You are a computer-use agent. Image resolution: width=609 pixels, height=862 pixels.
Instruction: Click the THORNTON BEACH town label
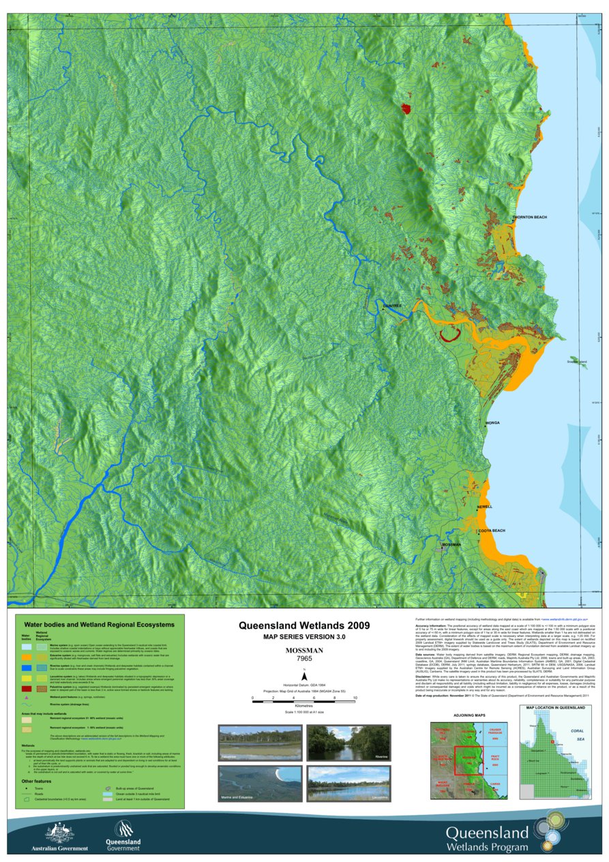pyautogui.click(x=529, y=217)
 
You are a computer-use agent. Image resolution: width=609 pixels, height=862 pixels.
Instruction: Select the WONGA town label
pyautogui.click(x=492, y=423)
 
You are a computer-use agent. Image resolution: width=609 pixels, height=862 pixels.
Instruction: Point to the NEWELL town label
pyautogui.click(x=485, y=507)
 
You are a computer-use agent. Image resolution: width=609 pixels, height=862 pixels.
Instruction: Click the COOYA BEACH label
pyautogui.click(x=491, y=531)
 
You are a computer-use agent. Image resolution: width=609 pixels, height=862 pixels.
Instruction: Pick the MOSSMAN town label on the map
pyautogui.click(x=451, y=545)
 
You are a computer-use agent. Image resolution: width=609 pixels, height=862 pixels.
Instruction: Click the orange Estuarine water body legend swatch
pyautogui.click(x=26, y=656)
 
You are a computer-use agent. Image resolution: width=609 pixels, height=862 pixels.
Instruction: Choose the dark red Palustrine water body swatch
pyautogui.click(x=26, y=689)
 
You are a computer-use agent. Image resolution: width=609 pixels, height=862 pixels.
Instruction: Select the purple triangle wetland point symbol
pyautogui.click(x=26, y=698)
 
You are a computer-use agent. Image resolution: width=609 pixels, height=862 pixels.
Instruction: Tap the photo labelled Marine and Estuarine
pyautogui.click(x=258, y=784)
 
